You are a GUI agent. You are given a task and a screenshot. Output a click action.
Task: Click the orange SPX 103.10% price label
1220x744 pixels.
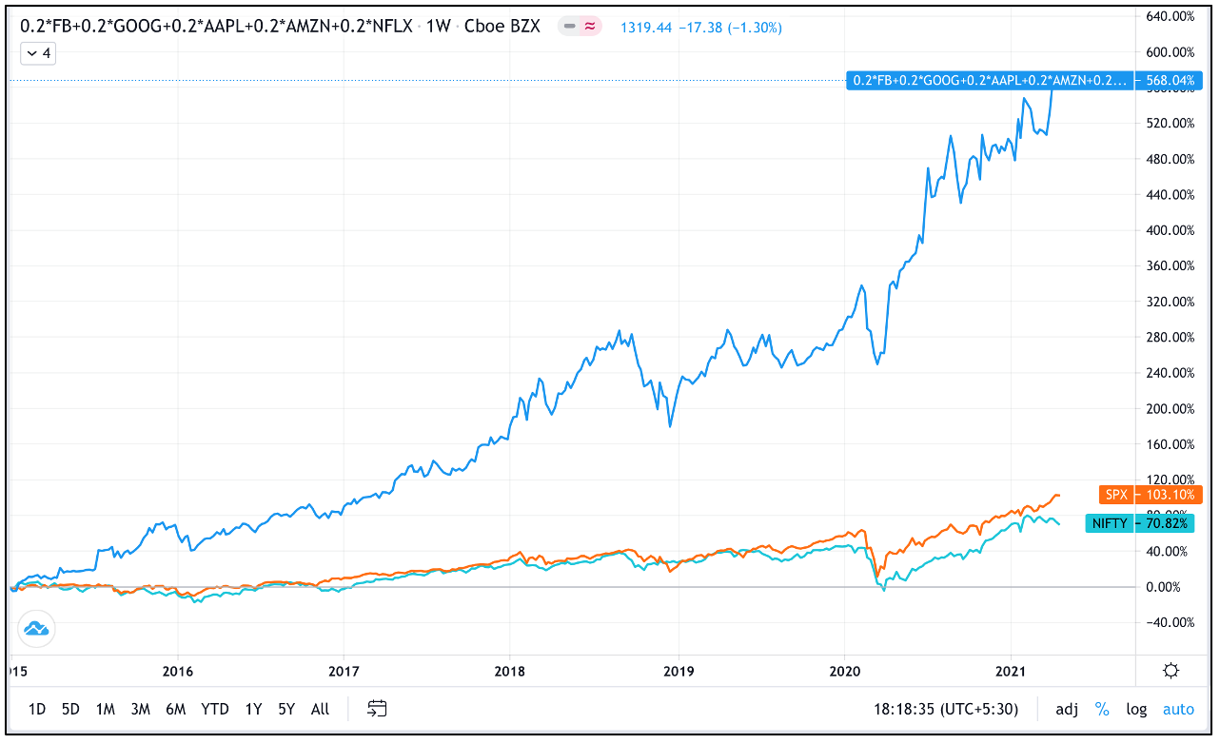pyautogui.click(x=1150, y=496)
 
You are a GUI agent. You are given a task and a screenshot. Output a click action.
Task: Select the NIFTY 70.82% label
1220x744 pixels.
pyautogui.click(x=1138, y=523)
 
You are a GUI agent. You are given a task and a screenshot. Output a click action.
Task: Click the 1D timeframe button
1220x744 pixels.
pyautogui.click(x=37, y=709)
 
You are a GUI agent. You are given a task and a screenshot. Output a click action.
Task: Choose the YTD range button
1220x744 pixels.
pyautogui.click(x=215, y=709)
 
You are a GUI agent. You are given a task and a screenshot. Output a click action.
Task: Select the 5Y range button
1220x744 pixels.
pyautogui.click(x=286, y=709)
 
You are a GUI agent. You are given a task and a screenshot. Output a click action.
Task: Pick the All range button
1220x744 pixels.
pyautogui.click(x=321, y=709)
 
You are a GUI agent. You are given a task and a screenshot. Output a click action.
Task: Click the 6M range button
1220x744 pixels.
pyautogui.click(x=175, y=709)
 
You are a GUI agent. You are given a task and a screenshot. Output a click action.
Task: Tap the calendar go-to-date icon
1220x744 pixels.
pyautogui.click(x=378, y=709)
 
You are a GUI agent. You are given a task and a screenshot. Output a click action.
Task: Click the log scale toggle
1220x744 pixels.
pyautogui.click(x=1136, y=709)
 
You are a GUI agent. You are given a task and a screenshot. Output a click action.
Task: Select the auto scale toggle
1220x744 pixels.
pyautogui.click(x=1178, y=709)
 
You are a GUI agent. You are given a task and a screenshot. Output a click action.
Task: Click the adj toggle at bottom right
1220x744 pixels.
pyautogui.click(x=1067, y=709)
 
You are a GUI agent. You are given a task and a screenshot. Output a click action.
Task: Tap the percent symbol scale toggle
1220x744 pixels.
pyautogui.click(x=1102, y=709)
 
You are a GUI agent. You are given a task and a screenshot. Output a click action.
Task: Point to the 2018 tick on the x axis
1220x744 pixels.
pyautogui.click(x=509, y=670)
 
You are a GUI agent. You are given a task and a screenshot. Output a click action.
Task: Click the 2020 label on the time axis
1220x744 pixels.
pyautogui.click(x=845, y=670)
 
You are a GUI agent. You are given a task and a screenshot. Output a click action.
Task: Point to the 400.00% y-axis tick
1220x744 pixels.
pyautogui.click(x=1170, y=230)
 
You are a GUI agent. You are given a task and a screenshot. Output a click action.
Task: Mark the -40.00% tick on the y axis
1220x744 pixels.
pyautogui.click(x=1170, y=622)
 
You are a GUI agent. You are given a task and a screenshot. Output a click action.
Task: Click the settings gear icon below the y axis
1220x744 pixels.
pyautogui.click(x=1171, y=671)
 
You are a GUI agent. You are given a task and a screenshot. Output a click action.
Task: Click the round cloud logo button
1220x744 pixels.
pyautogui.click(x=37, y=629)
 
